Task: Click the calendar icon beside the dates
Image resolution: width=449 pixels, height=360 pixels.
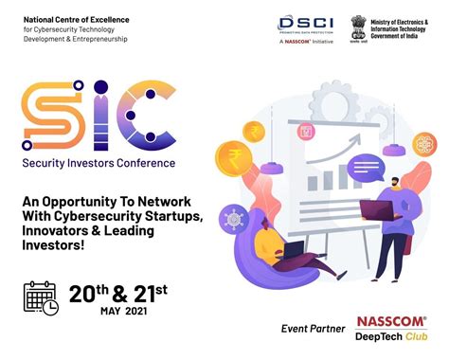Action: click(x=41, y=297)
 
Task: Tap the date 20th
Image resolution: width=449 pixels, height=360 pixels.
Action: click(x=87, y=294)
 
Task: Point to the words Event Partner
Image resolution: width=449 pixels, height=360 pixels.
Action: click(x=314, y=329)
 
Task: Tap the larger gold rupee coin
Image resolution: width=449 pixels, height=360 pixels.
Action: click(x=233, y=157)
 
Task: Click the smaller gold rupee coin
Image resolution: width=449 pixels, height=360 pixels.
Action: click(x=254, y=130)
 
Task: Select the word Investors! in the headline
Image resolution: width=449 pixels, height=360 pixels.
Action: click(x=59, y=244)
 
